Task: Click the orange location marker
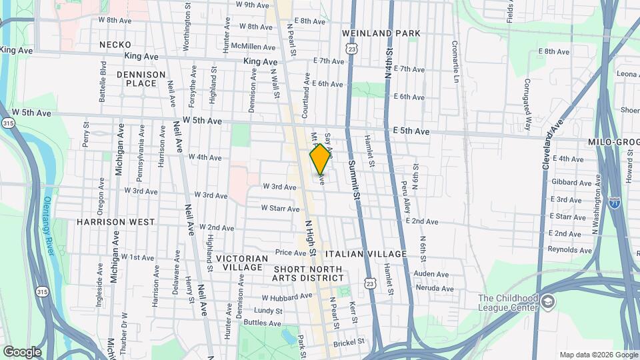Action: pyautogui.click(x=321, y=159)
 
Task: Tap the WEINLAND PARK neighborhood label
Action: pyautogui.click(x=381, y=33)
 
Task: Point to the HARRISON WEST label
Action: pyautogui.click(x=115, y=221)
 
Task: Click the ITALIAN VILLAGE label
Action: pyautogui.click(x=366, y=254)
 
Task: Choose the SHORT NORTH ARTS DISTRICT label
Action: pyautogui.click(x=307, y=273)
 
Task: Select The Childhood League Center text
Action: pyautogui.click(x=508, y=303)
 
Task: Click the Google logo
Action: pyautogui.click(x=22, y=351)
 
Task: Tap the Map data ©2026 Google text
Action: pyautogui.click(x=598, y=355)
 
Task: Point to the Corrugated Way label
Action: pyautogui.click(x=527, y=104)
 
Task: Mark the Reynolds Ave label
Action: pyautogui.click(x=570, y=250)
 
